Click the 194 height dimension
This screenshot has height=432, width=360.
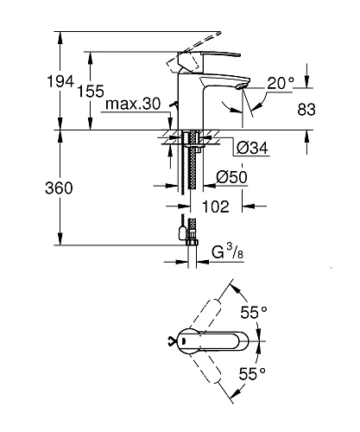[x=60, y=81]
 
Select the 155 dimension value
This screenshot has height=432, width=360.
[x=91, y=92]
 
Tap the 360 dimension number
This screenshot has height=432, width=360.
[x=59, y=188]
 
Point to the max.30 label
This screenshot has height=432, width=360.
[x=133, y=104]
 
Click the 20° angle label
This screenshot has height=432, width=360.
[x=281, y=83]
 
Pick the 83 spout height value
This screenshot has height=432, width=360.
[x=306, y=110]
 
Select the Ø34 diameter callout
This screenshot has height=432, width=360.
[x=252, y=148]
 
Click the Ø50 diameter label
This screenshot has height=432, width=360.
[x=231, y=177]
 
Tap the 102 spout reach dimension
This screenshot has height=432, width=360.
[x=216, y=206]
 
